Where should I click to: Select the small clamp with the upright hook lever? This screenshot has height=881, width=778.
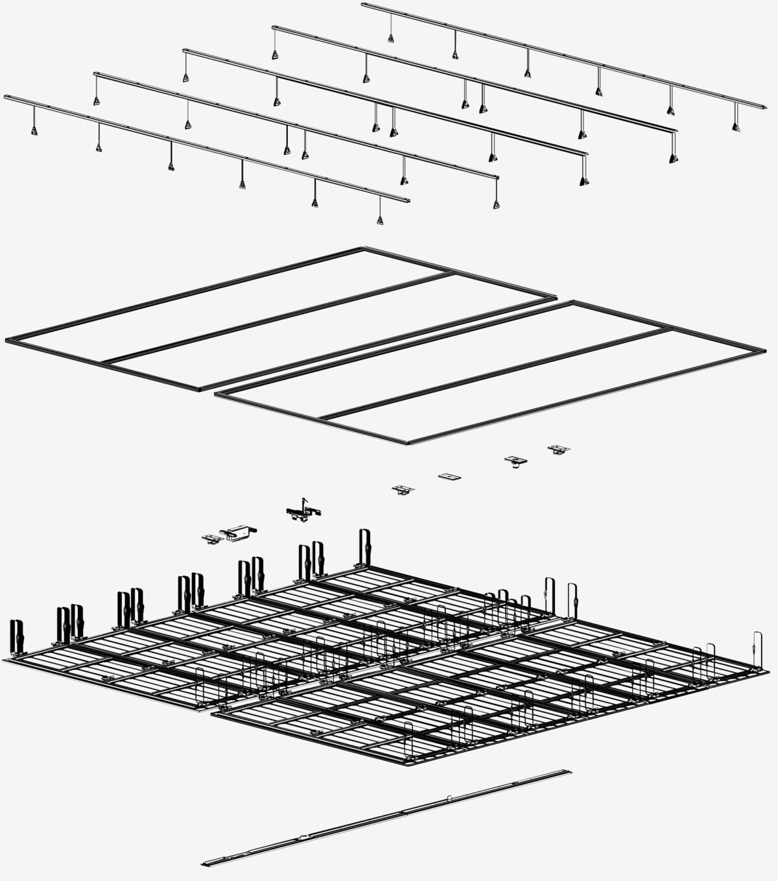(303, 511)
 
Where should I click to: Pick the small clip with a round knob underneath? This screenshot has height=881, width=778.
(515, 461)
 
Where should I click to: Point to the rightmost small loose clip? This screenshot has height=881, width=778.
(558, 449)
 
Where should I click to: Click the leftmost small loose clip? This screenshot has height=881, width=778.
(211, 538)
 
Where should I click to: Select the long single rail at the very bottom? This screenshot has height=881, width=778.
(386, 817)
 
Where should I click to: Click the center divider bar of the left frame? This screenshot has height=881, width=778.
(279, 318)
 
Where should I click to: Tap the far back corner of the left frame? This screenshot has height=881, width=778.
(364, 248)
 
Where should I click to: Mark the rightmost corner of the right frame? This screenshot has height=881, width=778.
(764, 350)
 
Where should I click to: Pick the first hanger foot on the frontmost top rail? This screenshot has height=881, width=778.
(34, 131)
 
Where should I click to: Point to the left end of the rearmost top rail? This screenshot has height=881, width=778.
(364, 5)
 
